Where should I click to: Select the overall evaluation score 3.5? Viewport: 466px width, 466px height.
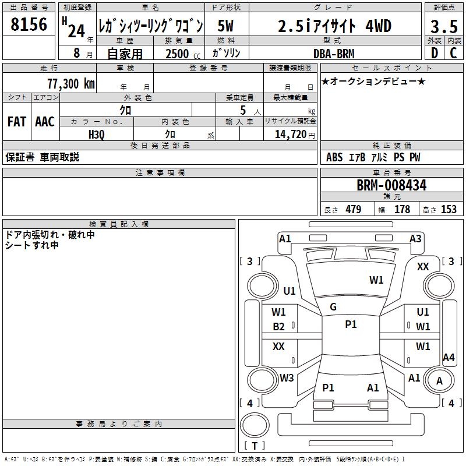click(444, 27)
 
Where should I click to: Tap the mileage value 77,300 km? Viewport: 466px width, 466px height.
click(70, 84)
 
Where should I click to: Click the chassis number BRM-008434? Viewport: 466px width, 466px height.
click(391, 185)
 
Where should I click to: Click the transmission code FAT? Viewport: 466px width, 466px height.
click(16, 122)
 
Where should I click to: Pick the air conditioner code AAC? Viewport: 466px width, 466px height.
click(45, 122)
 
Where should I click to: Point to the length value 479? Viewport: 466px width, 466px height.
click(353, 209)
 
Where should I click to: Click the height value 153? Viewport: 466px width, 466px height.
click(449, 209)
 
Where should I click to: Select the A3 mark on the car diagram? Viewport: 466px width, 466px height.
click(415, 239)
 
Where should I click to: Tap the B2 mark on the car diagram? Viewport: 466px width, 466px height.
click(279, 327)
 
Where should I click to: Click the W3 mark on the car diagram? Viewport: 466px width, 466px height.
click(287, 378)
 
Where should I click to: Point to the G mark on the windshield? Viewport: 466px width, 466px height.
click(333, 307)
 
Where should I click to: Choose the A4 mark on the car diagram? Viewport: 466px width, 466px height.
click(449, 358)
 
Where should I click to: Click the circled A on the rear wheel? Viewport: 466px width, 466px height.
click(439, 381)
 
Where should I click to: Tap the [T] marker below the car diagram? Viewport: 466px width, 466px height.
click(255, 446)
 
